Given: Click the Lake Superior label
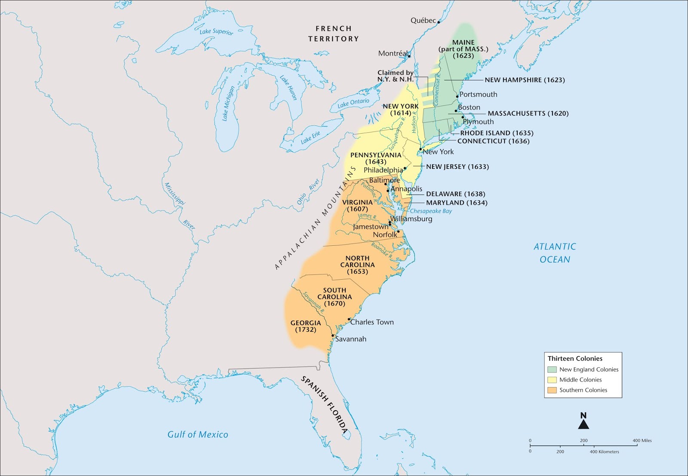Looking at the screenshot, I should click(x=216, y=31).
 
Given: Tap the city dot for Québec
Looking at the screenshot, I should click(x=439, y=22).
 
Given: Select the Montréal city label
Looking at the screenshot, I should click(x=393, y=54).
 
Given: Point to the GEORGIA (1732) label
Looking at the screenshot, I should click(x=306, y=326).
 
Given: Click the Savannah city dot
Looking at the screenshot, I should click(x=332, y=336).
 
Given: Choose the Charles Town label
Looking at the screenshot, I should click(x=372, y=322).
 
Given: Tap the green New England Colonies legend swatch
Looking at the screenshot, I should click(x=552, y=369).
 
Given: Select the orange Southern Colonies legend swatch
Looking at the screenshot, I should click(x=552, y=390).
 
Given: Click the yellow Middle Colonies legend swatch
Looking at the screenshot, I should click(x=552, y=380).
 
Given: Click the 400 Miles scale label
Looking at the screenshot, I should click(x=642, y=440).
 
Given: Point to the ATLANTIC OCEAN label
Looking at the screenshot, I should click(x=555, y=253).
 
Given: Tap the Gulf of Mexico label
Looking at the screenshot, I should click(x=198, y=434).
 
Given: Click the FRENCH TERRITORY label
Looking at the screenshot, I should click(x=333, y=34).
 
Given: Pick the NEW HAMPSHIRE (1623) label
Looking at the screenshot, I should click(x=525, y=80).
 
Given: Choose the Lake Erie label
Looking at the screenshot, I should click(x=310, y=137).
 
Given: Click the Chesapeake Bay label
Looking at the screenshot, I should click(x=431, y=211).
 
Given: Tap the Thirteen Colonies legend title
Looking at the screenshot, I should click(x=575, y=358).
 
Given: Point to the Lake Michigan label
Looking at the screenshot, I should click(x=228, y=104).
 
